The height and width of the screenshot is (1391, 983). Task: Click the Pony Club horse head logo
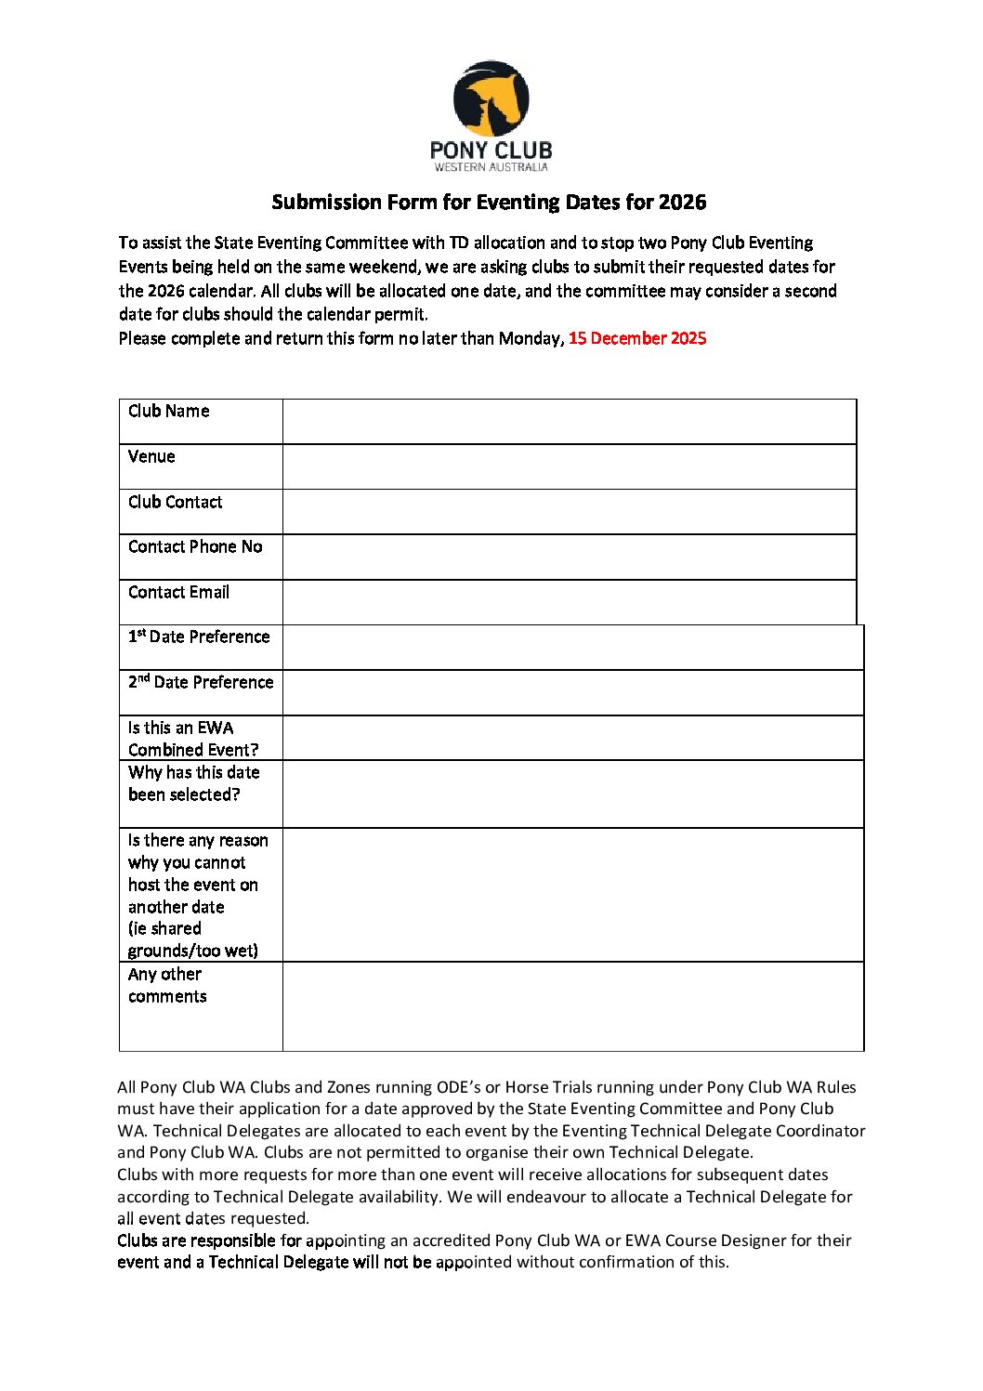click(x=491, y=98)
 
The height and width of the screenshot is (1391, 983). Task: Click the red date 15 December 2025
click(x=637, y=338)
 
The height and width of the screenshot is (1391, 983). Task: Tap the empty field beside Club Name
click(x=569, y=422)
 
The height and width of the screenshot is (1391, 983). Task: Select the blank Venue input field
click(x=569, y=466)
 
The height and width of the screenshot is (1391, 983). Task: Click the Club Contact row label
click(x=176, y=502)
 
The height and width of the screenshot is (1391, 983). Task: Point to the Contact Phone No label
click(x=195, y=546)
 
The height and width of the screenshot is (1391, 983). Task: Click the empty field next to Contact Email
click(x=569, y=602)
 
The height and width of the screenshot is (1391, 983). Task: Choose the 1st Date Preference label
click(x=199, y=636)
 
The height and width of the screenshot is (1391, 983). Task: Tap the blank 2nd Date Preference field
click(x=572, y=693)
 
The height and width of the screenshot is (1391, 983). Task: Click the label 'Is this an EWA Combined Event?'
click(x=193, y=739)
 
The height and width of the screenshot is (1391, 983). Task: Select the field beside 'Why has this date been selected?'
click(x=572, y=794)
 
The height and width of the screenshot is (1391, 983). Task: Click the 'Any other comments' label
click(x=167, y=985)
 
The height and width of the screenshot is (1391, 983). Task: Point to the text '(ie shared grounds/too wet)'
click(x=192, y=939)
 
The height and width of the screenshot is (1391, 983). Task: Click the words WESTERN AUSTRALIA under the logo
click(x=491, y=167)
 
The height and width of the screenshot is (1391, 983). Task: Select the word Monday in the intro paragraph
click(x=530, y=338)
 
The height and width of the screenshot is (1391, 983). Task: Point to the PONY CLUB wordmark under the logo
click(x=491, y=150)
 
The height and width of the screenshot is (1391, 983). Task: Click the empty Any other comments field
click(x=572, y=1006)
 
